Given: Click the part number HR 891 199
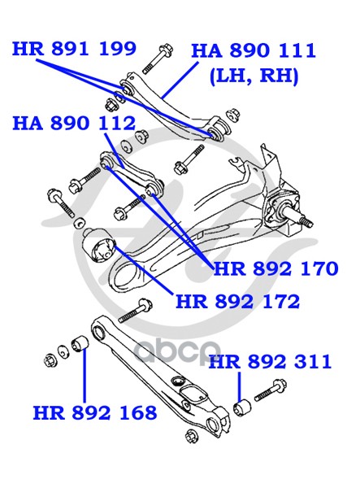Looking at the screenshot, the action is [x=74, y=49].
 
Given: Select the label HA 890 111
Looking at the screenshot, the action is [x=254, y=50].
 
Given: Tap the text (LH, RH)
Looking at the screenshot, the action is [x=254, y=76].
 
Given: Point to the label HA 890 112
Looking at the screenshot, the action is [x=74, y=124].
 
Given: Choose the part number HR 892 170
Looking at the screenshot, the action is [x=275, y=268].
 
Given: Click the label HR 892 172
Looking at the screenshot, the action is [x=238, y=301].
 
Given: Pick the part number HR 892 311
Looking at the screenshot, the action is [x=270, y=362].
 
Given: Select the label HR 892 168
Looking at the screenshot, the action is [x=95, y=412].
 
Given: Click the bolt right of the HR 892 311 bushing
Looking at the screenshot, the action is [x=270, y=390].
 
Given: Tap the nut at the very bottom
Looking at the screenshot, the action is [x=192, y=436].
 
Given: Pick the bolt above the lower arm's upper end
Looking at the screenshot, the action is [x=135, y=311].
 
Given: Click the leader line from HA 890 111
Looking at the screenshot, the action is [x=180, y=80].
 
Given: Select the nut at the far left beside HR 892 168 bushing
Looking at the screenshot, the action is [x=50, y=360].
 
